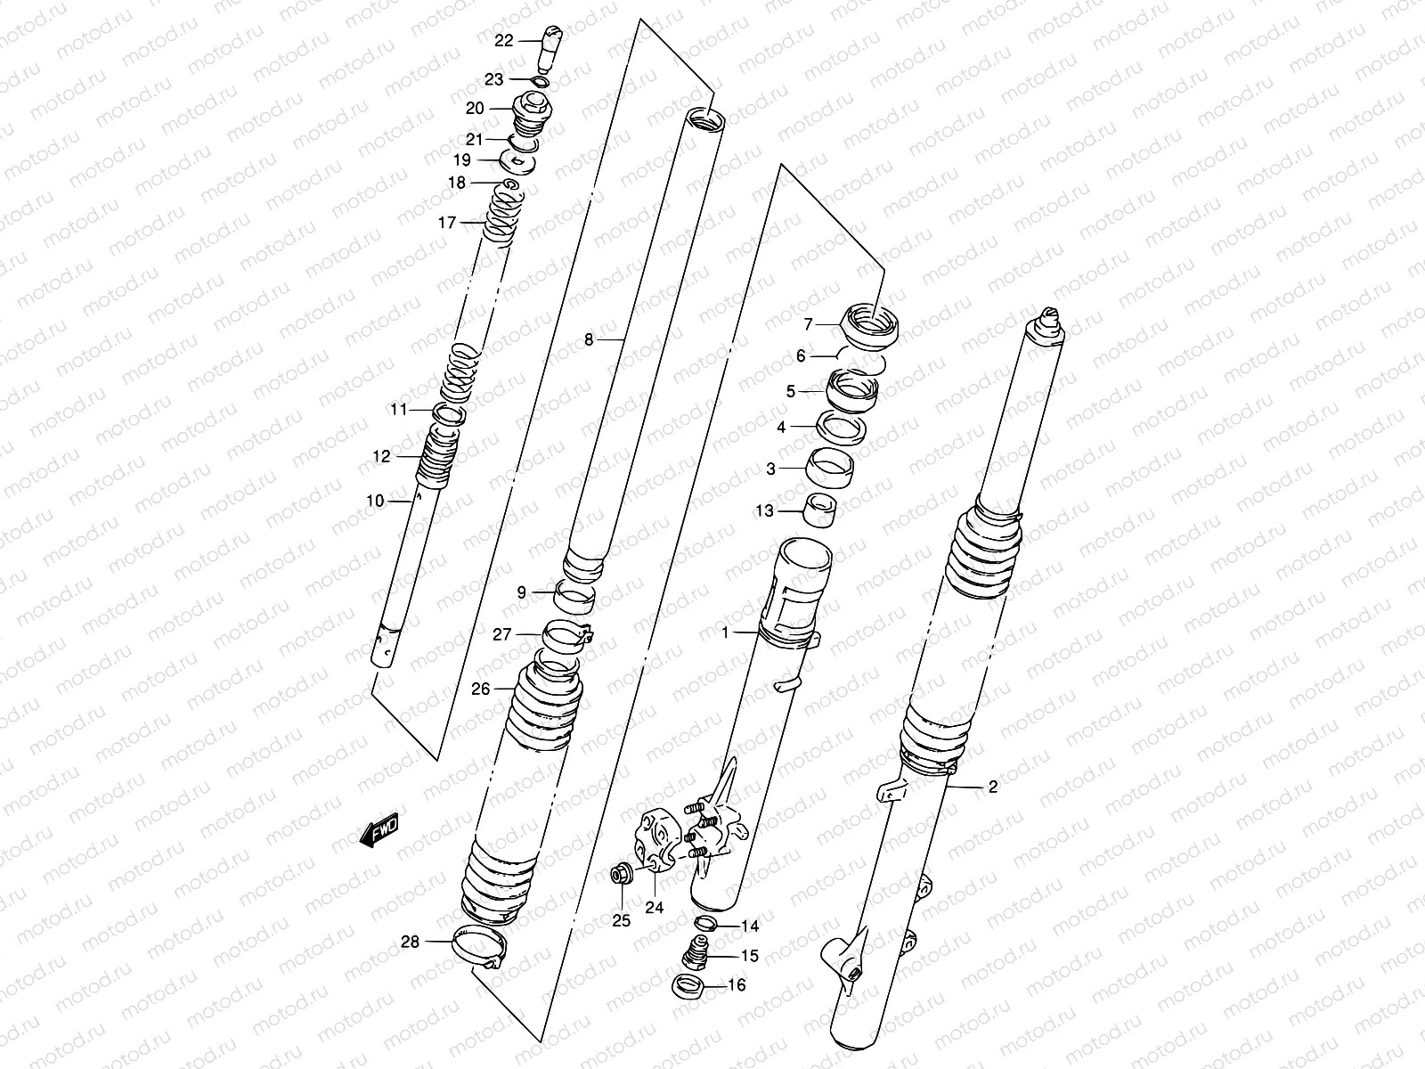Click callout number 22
pos(503,40)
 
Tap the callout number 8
pos(589,339)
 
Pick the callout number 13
pos(764,510)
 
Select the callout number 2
pos(993,787)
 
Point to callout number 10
pos(375,501)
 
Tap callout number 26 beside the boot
pos(481,689)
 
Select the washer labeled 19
pos(517,163)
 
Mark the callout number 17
pos(446,223)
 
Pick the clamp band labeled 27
pos(567,637)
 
